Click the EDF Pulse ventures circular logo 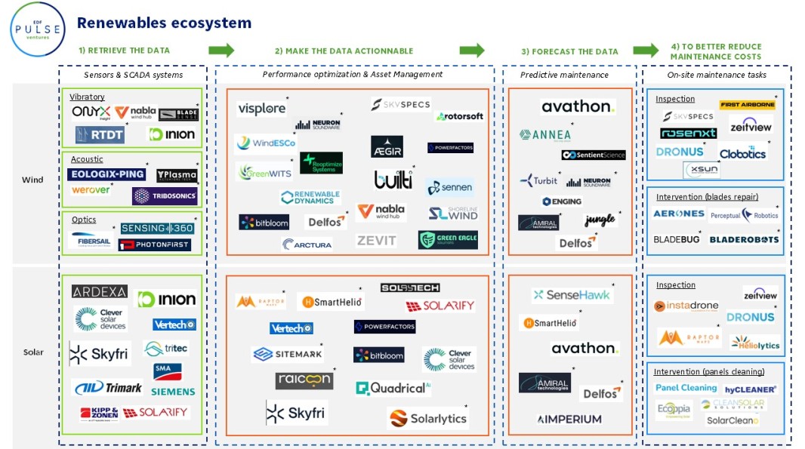[38, 29]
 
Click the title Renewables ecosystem [164, 23]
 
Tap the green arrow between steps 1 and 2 [221, 51]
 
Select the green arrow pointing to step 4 [646, 51]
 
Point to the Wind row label [32, 180]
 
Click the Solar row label [33, 352]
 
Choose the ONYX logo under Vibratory [91, 112]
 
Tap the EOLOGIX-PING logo [106, 174]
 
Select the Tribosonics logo [164, 195]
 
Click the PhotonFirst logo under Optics [154, 244]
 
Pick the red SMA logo [167, 371]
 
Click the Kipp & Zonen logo [100, 414]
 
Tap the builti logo [393, 180]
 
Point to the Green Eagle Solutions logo [448, 240]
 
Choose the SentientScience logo [594, 155]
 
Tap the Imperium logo [569, 419]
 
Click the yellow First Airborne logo [747, 105]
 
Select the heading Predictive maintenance [564, 75]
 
